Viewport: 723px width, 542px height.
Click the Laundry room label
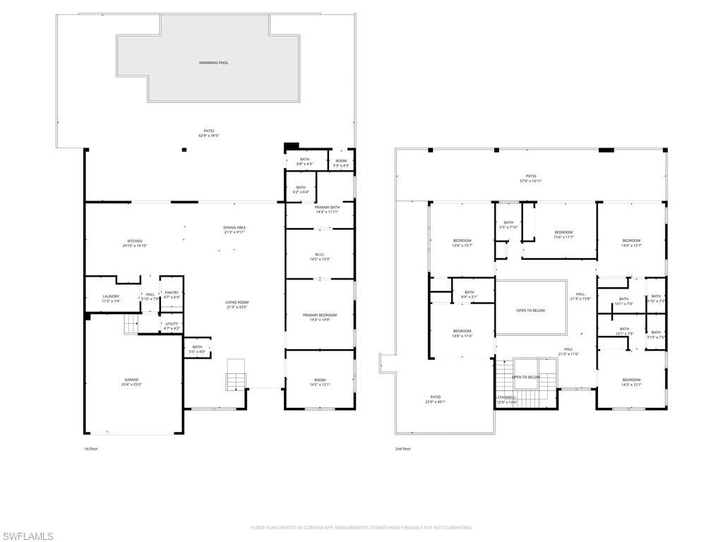(x=111, y=296)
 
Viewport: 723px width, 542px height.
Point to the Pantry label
(x=172, y=292)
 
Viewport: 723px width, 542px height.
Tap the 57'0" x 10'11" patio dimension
(x=530, y=181)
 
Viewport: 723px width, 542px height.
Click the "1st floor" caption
(x=91, y=449)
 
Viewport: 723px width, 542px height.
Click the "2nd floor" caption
(x=402, y=449)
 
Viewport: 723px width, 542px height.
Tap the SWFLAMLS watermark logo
(x=28, y=536)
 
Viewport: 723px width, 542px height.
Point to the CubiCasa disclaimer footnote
(x=361, y=527)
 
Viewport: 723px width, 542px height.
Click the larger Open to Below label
(x=530, y=311)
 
